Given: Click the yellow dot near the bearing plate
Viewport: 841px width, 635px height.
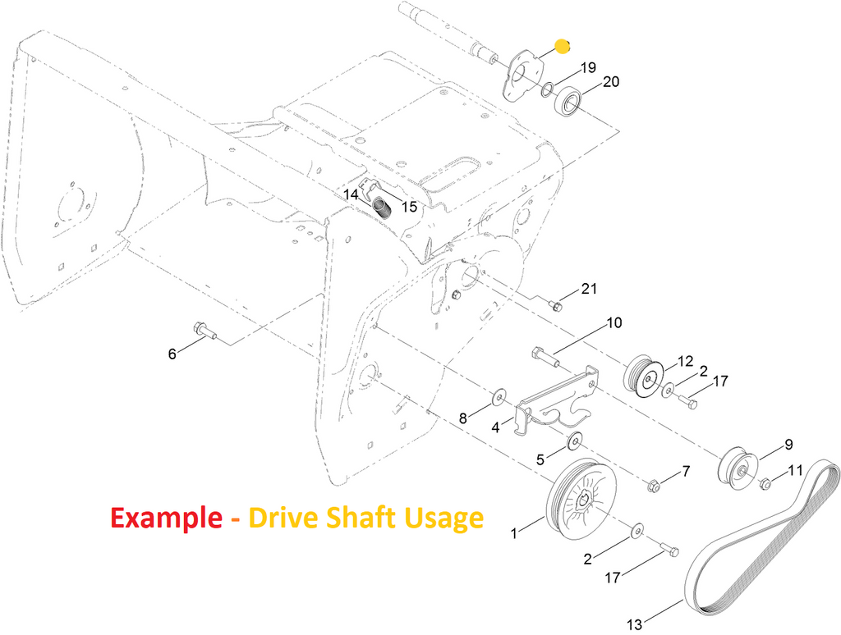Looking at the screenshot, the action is (x=562, y=47).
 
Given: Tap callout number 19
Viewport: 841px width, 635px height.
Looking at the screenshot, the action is (x=588, y=67).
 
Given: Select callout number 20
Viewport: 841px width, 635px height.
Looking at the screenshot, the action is (x=611, y=81).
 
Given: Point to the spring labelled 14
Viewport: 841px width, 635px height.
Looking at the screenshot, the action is (x=381, y=206).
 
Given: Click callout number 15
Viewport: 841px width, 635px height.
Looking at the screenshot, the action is (x=409, y=207).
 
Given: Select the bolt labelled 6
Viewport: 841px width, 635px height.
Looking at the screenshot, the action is (x=204, y=330).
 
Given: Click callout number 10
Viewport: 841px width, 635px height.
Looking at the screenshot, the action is (x=614, y=322).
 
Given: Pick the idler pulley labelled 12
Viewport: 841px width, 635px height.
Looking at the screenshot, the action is (x=644, y=375).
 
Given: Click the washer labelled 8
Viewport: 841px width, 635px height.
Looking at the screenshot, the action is (x=499, y=397).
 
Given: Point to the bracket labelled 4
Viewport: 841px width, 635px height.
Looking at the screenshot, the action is (x=555, y=405).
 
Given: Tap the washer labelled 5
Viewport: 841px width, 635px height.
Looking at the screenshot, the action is (x=574, y=441).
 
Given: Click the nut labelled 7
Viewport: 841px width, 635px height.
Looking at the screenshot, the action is (x=653, y=487).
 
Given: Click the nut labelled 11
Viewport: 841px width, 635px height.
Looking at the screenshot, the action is (x=765, y=483).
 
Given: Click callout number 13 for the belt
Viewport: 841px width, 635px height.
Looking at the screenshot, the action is (x=634, y=624).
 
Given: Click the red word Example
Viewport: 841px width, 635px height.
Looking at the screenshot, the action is (x=166, y=518).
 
